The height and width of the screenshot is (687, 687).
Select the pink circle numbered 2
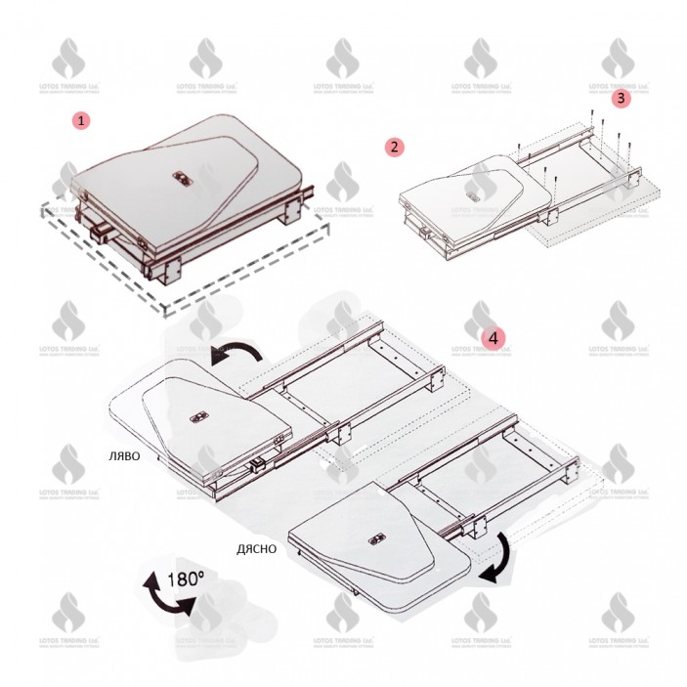pos(394,148)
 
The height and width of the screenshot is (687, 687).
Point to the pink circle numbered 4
pos(494,338)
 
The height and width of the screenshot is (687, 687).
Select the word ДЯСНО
pos(256,548)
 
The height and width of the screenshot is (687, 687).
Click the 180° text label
pos(185,578)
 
